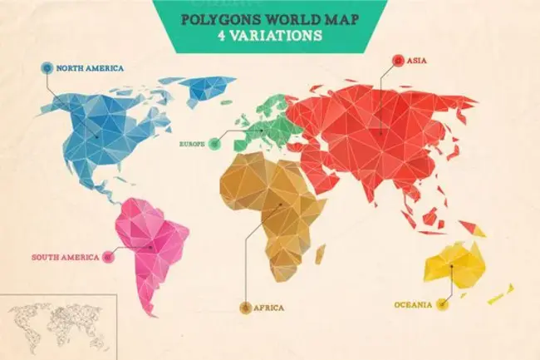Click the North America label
[90, 67]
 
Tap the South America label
[66, 257]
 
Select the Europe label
[192, 144]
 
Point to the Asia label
[420, 60]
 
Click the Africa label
[269, 308]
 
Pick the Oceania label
[413, 305]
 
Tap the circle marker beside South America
[107, 257]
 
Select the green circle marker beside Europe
[215, 144]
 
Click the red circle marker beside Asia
[396, 60]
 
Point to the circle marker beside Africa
[245, 308]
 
